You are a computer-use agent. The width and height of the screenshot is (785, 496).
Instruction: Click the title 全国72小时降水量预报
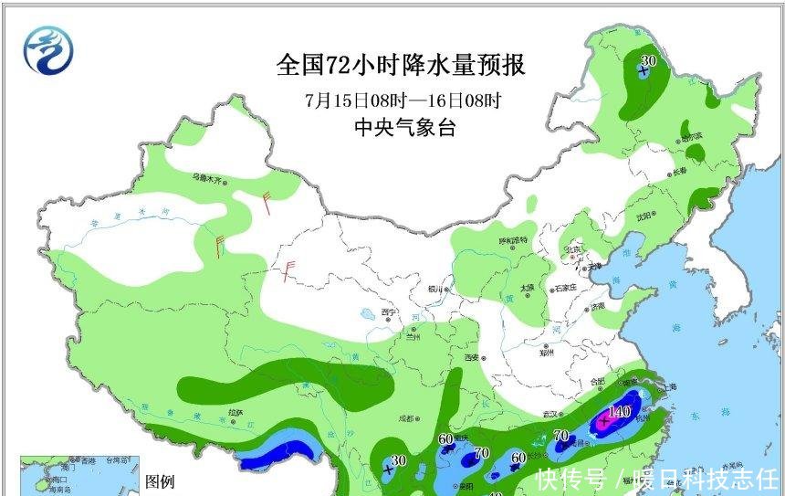(x=402, y=66)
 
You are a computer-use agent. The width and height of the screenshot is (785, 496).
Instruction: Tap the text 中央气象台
(x=404, y=129)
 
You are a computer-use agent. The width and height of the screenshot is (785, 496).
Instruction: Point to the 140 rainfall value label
(x=619, y=412)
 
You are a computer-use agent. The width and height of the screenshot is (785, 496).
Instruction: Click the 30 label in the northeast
(x=649, y=60)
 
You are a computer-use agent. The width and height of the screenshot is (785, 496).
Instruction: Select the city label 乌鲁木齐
(x=207, y=177)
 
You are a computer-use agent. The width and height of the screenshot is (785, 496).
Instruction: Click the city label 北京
(x=572, y=248)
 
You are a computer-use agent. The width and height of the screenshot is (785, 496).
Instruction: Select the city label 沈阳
(x=645, y=216)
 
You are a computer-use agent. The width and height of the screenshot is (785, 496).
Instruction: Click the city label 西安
(x=471, y=358)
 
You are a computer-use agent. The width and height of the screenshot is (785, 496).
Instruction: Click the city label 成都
(x=406, y=419)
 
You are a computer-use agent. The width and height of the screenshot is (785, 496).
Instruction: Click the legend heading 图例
(x=160, y=482)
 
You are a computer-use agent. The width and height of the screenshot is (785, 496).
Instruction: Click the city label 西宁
(x=390, y=313)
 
